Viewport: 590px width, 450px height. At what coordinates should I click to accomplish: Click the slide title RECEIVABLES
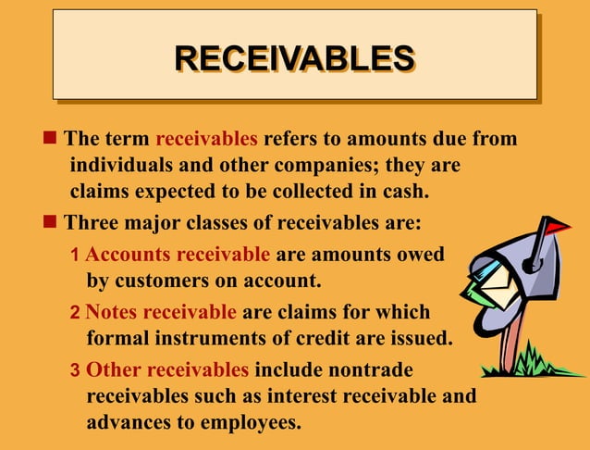(294, 57)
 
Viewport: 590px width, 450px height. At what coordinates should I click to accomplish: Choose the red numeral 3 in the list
(75, 371)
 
